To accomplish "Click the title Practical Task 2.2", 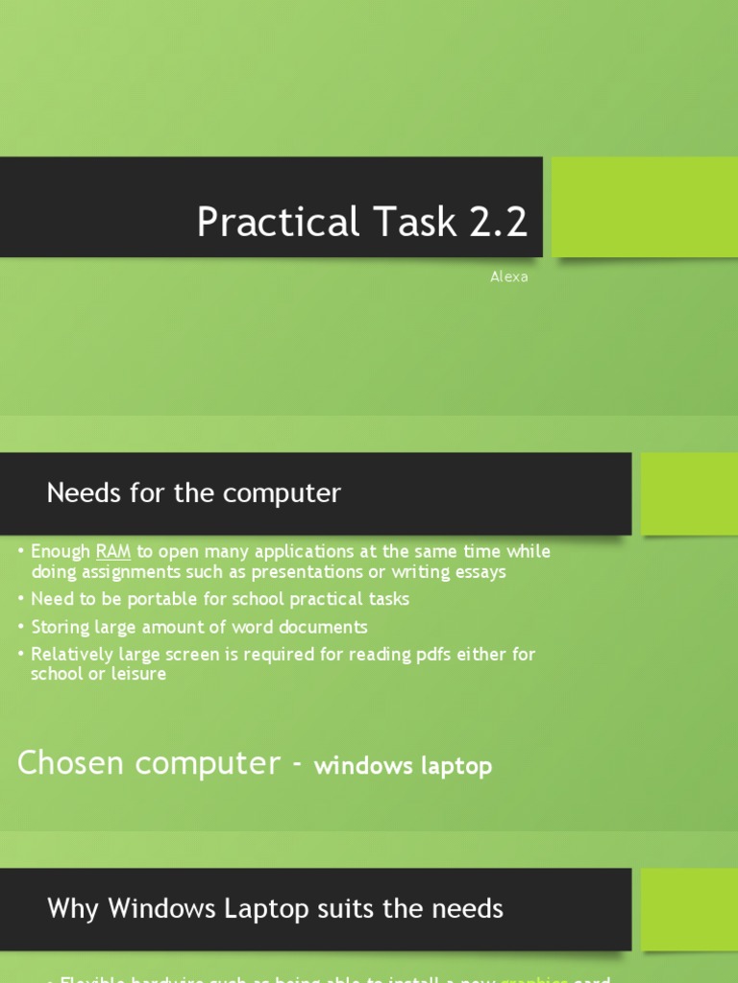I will tap(362, 222).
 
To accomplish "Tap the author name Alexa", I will tap(509, 277).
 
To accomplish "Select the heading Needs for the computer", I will tap(194, 493).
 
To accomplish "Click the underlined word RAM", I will tap(113, 552).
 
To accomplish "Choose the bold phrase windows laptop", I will tap(404, 766).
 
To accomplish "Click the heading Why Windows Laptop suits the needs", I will tap(275, 908).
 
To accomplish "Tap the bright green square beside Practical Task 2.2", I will tap(645, 207).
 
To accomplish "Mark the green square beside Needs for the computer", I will tap(689, 493).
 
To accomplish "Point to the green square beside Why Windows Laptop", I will tap(689, 908).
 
